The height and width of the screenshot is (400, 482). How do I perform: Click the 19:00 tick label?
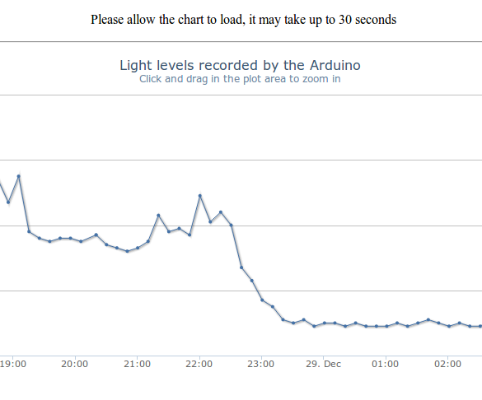12,364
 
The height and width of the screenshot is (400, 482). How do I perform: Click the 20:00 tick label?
75,364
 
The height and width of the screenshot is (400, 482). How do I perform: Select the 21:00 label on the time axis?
137,364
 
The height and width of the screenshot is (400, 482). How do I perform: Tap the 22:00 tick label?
199,364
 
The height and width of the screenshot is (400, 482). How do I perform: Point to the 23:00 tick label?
261,364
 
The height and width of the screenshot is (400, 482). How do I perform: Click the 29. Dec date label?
323,364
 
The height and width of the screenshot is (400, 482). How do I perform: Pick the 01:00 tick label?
386,364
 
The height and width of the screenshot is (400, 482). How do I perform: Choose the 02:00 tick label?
447,364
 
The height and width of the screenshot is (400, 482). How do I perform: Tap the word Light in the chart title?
135,65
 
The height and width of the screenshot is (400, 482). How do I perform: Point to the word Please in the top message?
109,20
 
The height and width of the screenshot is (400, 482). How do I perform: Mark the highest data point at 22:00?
199,196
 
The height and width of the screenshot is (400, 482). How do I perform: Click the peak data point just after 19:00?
18,176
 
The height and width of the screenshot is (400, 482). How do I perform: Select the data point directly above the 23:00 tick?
262,300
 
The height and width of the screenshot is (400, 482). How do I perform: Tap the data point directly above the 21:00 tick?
138,248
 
